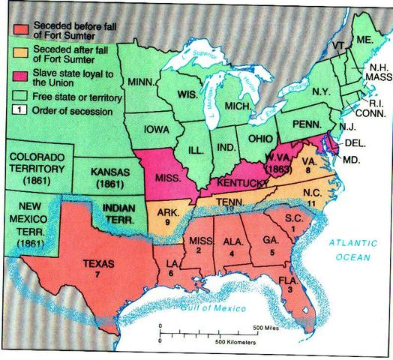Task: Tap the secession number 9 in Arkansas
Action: point(166,222)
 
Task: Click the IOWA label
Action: point(153,136)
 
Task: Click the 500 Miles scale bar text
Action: point(266,328)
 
